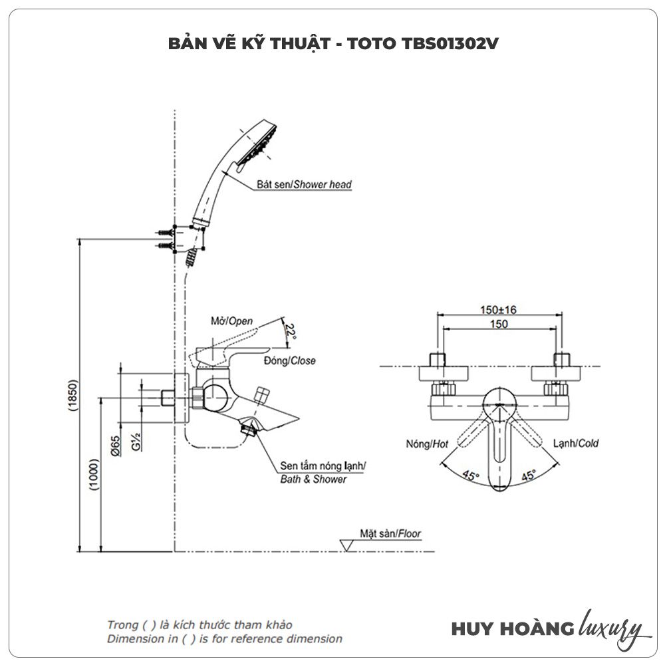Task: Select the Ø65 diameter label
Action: click(115, 444)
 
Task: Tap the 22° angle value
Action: click(290, 331)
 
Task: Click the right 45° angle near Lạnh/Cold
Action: click(529, 475)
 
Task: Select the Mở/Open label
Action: click(232, 321)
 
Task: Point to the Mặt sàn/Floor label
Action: click(390, 533)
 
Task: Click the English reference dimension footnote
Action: click(225, 639)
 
